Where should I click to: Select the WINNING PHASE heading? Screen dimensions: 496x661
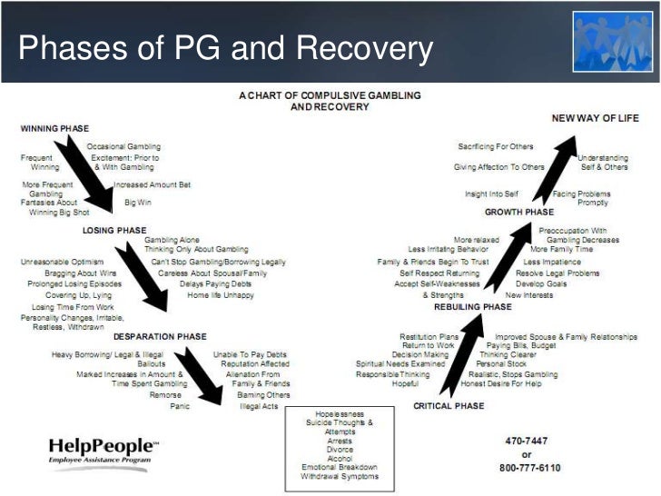tap(54, 129)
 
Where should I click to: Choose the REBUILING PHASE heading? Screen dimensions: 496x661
tap(472, 307)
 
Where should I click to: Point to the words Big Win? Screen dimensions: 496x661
tap(138, 201)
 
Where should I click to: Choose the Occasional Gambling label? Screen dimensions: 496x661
tap(123, 146)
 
